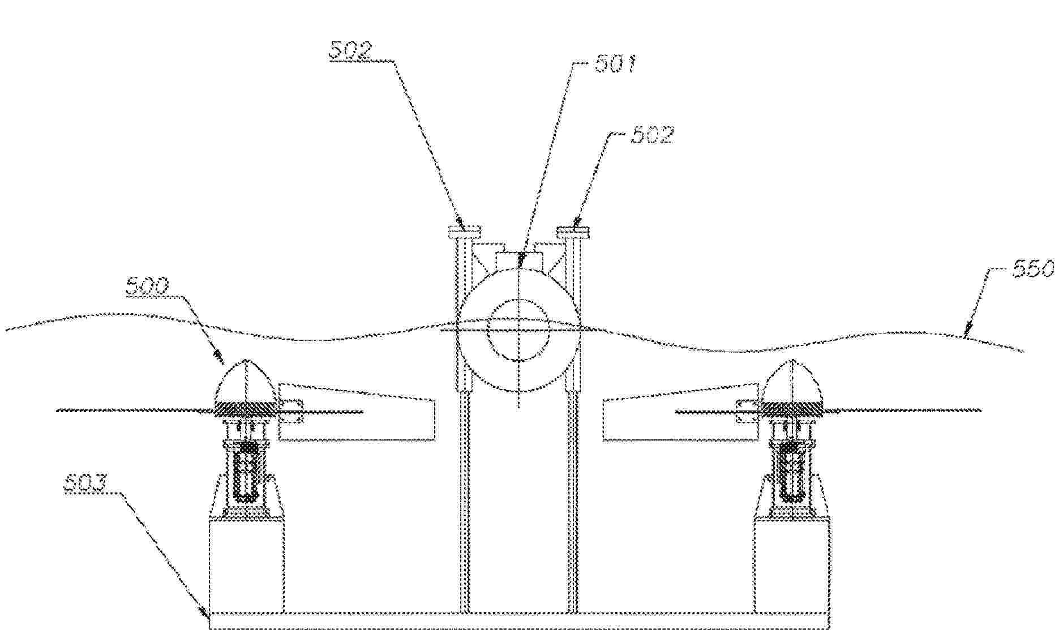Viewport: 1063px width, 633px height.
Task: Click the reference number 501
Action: [615, 63]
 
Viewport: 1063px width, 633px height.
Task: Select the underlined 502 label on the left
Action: [351, 50]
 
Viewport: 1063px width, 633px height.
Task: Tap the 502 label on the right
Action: [653, 135]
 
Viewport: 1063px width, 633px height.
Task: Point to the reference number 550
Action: [1034, 268]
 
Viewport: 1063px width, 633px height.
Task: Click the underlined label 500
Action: [147, 286]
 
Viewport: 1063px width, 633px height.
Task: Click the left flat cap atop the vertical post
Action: [465, 232]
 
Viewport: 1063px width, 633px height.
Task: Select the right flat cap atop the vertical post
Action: [573, 232]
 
